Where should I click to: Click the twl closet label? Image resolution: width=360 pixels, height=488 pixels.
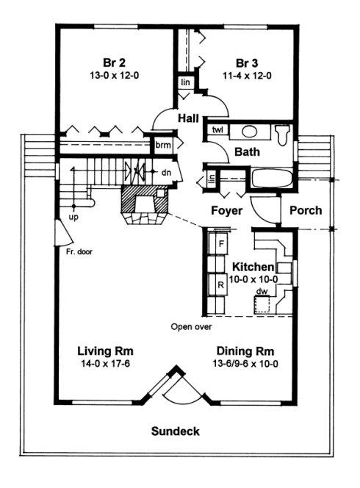(217, 130)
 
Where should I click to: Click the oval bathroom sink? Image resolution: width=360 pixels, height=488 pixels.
(250, 132)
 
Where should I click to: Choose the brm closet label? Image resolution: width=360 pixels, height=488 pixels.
(162, 146)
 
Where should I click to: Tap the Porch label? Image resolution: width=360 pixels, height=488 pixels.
(305, 210)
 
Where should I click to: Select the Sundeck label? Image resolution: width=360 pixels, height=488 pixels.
(176, 431)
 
